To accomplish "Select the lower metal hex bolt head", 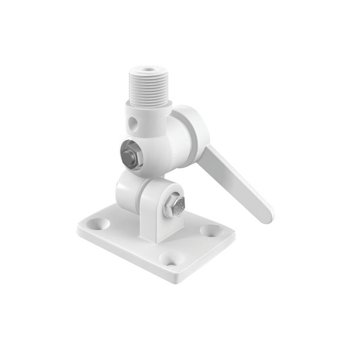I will (x=176, y=205).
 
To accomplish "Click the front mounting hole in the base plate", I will (x=171, y=259).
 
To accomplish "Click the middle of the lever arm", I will (x=236, y=182).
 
